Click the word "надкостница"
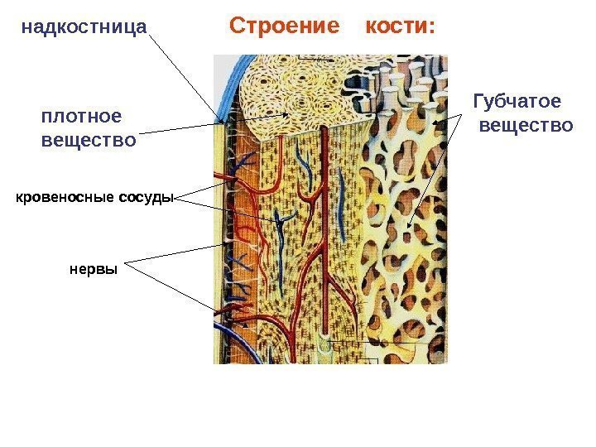[x=84, y=28]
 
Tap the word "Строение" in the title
[x=284, y=26]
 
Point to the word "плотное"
[x=80, y=117]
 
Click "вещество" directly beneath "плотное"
[x=89, y=141]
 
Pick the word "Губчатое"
[x=516, y=102]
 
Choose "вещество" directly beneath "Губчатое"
[x=526, y=126]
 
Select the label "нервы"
[x=94, y=269]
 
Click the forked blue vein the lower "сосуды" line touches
[x=280, y=222]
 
